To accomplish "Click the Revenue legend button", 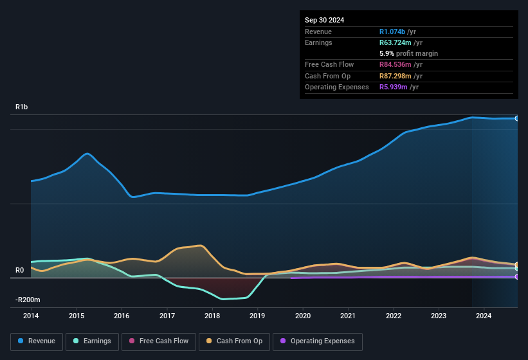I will pos(37,341).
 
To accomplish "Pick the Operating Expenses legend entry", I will pos(317,341).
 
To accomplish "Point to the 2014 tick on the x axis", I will pos(31,316).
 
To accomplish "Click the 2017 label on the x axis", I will pos(167,316).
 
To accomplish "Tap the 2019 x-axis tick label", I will pos(257,316).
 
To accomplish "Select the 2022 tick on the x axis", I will pos(393,316).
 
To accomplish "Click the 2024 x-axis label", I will pos(484,316).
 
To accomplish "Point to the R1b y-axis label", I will pos(22,107).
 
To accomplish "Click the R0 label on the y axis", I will pos(20,271).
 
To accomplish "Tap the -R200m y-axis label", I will pos(28,300).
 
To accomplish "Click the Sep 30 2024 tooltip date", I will pos(325,20).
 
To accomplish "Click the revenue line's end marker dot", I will pos(516,118).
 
